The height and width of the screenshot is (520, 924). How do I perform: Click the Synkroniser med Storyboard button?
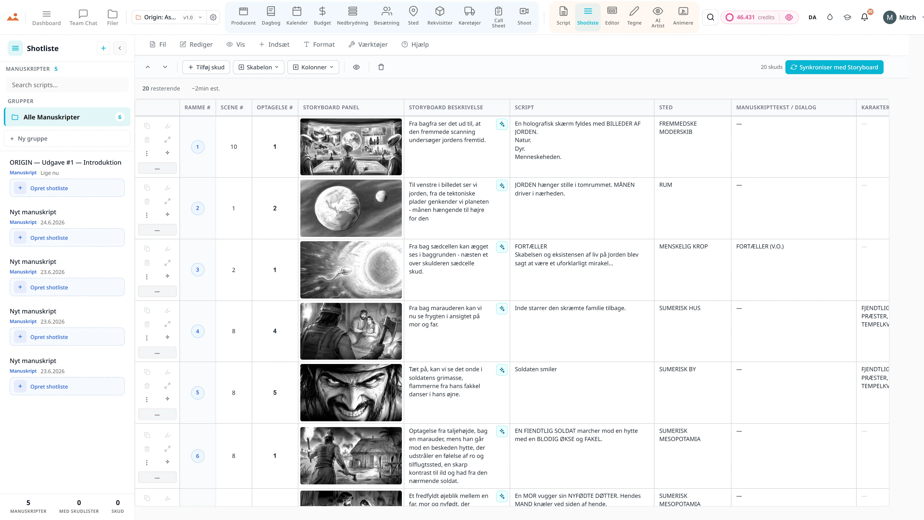[834, 67]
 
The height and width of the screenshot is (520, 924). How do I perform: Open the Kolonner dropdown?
[313, 67]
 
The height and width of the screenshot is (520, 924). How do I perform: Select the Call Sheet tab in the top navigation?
[498, 17]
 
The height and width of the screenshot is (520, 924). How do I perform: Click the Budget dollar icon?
[322, 12]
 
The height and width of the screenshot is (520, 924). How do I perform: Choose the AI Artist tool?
[657, 17]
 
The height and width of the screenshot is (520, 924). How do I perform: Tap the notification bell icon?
[865, 17]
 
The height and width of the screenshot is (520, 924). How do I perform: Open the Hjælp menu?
[415, 45]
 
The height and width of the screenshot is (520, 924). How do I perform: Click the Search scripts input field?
[67, 85]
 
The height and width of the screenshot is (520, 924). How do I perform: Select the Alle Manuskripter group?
[67, 117]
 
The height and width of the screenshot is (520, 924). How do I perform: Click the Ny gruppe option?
[67, 138]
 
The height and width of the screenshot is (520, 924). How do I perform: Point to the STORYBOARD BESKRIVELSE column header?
[446, 107]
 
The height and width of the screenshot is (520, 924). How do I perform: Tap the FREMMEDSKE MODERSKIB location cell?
[678, 128]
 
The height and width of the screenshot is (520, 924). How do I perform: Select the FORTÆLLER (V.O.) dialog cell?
[760, 247]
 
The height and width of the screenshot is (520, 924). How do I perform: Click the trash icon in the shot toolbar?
[381, 67]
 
